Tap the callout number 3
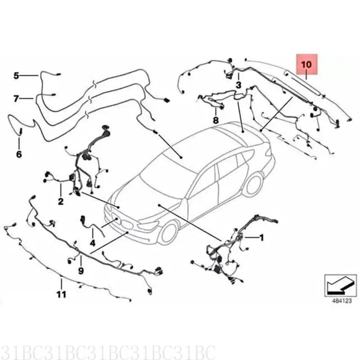pos(238,85)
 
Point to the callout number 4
pos(92,243)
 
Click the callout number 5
pos(16,76)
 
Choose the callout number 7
pos(16,98)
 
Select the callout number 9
pos(81,270)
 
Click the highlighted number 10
pos(306,65)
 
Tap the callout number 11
pos(61,294)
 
